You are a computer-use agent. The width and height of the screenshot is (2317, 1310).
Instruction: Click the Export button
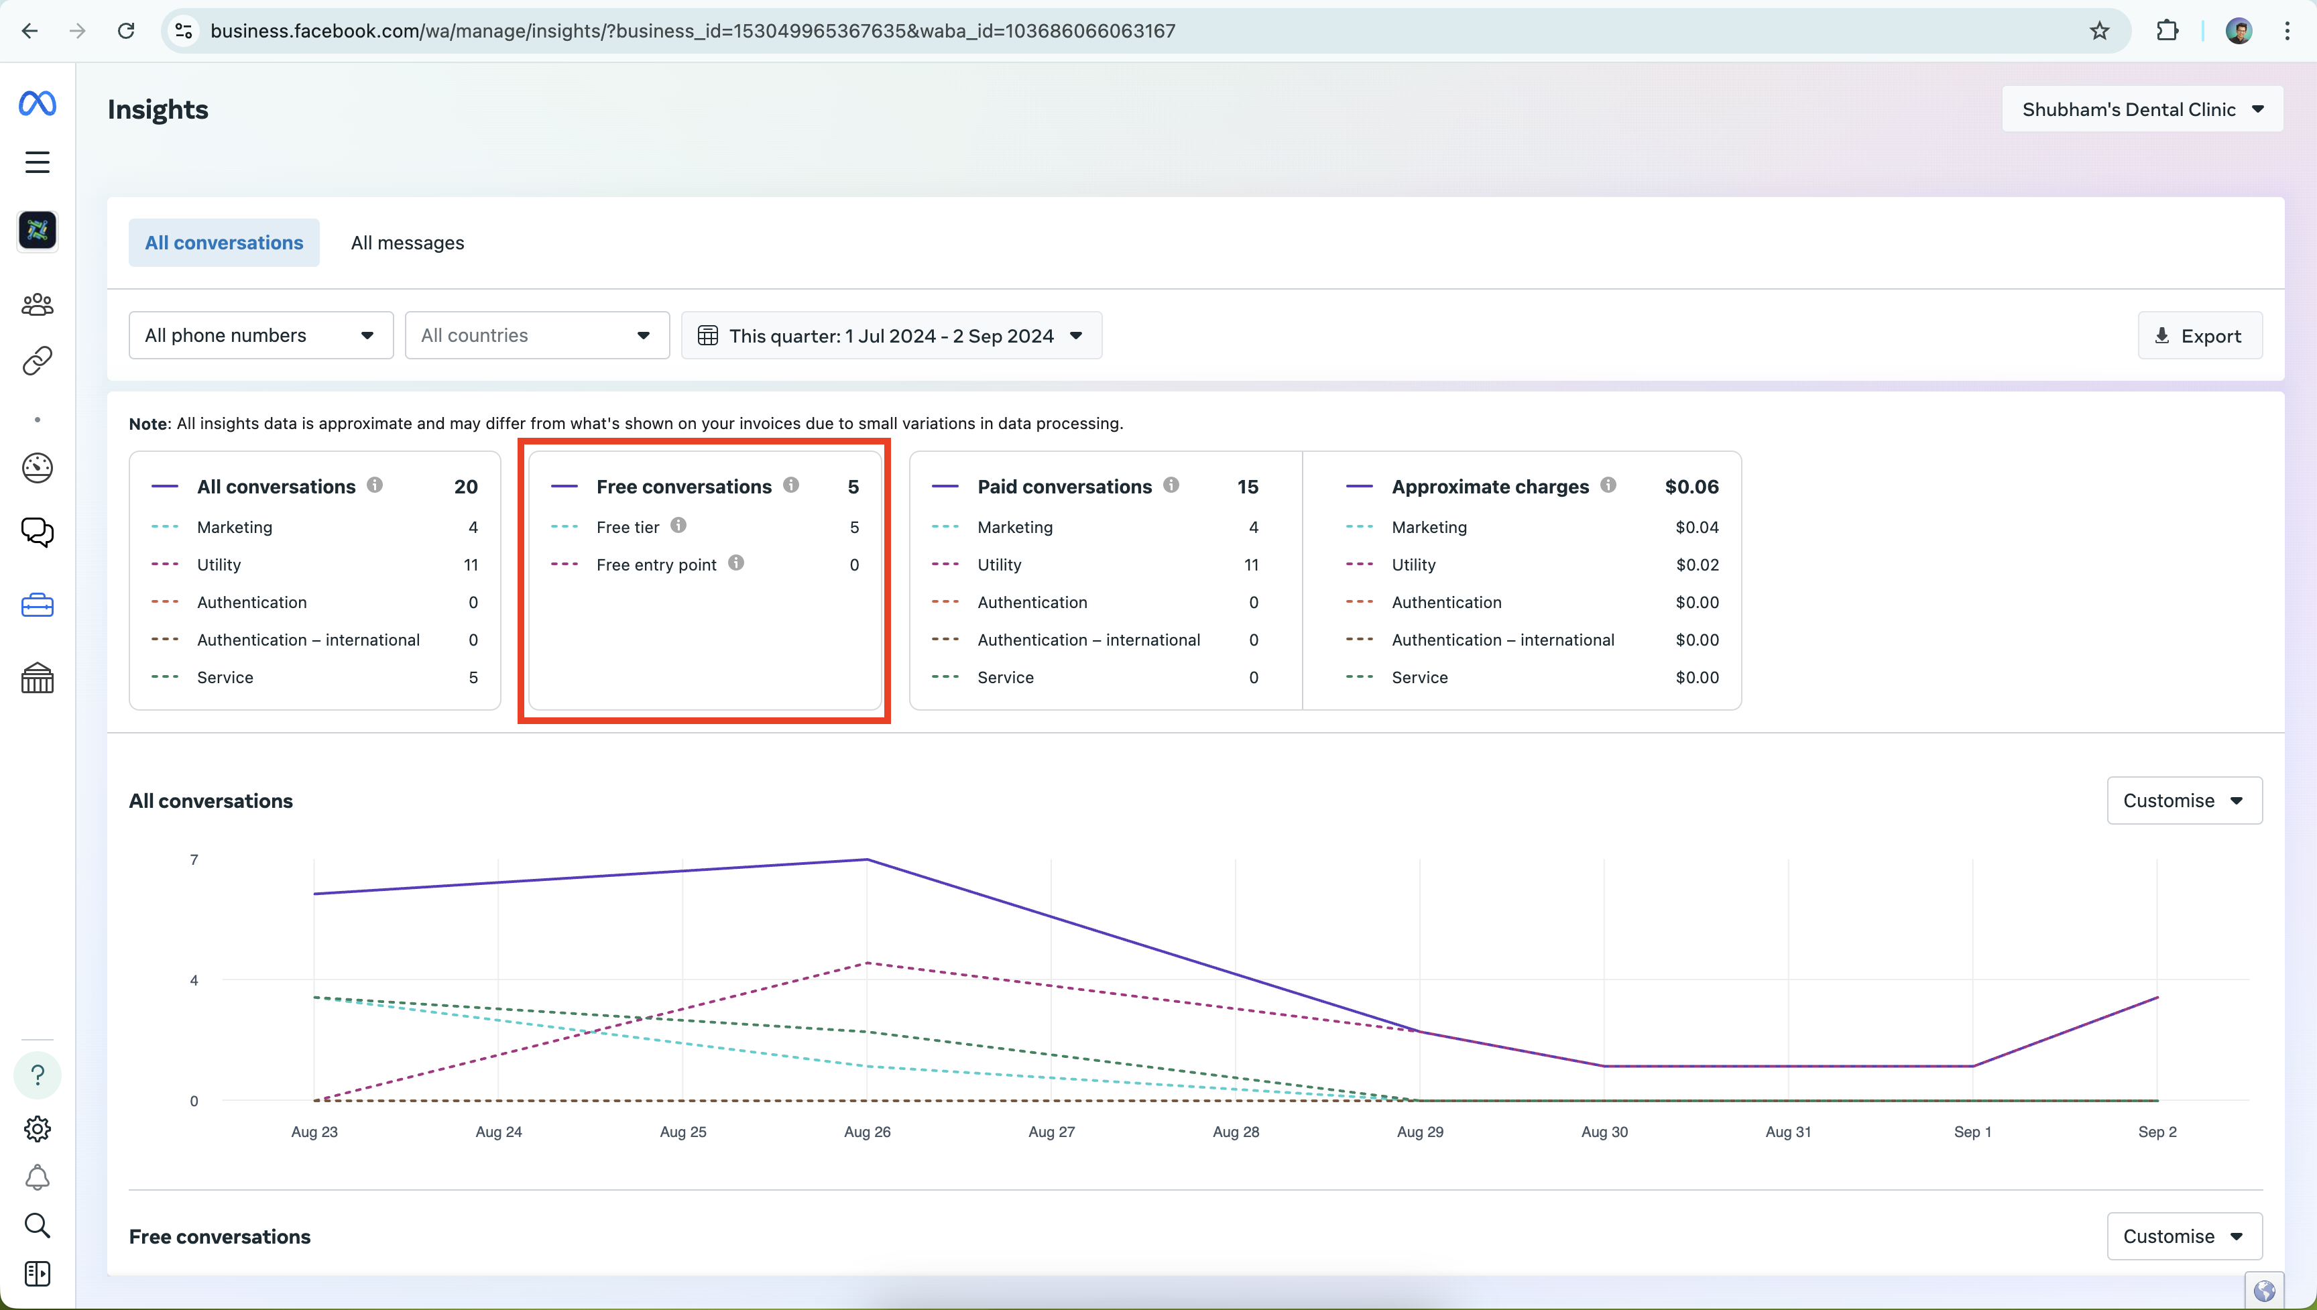pyautogui.click(x=2199, y=336)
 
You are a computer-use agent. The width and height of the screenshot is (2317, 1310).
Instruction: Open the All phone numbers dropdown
pyautogui.click(x=261, y=336)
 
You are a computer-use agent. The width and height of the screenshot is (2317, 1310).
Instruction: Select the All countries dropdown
pyautogui.click(x=537, y=336)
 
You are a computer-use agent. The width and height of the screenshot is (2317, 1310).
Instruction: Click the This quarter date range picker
pyautogui.click(x=892, y=336)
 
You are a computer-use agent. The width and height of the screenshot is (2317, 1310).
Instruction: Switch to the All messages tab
pyautogui.click(x=408, y=243)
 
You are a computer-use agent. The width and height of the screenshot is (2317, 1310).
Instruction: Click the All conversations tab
pyautogui.click(x=224, y=243)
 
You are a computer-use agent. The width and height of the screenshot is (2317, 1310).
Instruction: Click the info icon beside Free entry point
pyautogui.click(x=735, y=563)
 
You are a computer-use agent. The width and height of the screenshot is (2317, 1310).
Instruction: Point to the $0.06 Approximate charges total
pyautogui.click(x=1691, y=487)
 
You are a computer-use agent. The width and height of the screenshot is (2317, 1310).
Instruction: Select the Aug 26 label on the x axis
pyautogui.click(x=867, y=1132)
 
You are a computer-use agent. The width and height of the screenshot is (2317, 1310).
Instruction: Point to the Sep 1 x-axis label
pyautogui.click(x=1972, y=1132)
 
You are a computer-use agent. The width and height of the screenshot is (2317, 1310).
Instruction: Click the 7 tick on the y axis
pyautogui.click(x=194, y=860)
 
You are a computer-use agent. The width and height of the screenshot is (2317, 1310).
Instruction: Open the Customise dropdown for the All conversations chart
pyautogui.click(x=2184, y=800)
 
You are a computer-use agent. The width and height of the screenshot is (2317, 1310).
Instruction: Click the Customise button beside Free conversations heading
pyautogui.click(x=2184, y=1236)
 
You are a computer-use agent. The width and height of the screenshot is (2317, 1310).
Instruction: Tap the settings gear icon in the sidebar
pyautogui.click(x=37, y=1128)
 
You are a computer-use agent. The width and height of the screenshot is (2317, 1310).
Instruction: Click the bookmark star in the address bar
pyautogui.click(x=2099, y=32)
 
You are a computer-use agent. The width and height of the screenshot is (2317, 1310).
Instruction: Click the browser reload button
pyautogui.click(x=126, y=32)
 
